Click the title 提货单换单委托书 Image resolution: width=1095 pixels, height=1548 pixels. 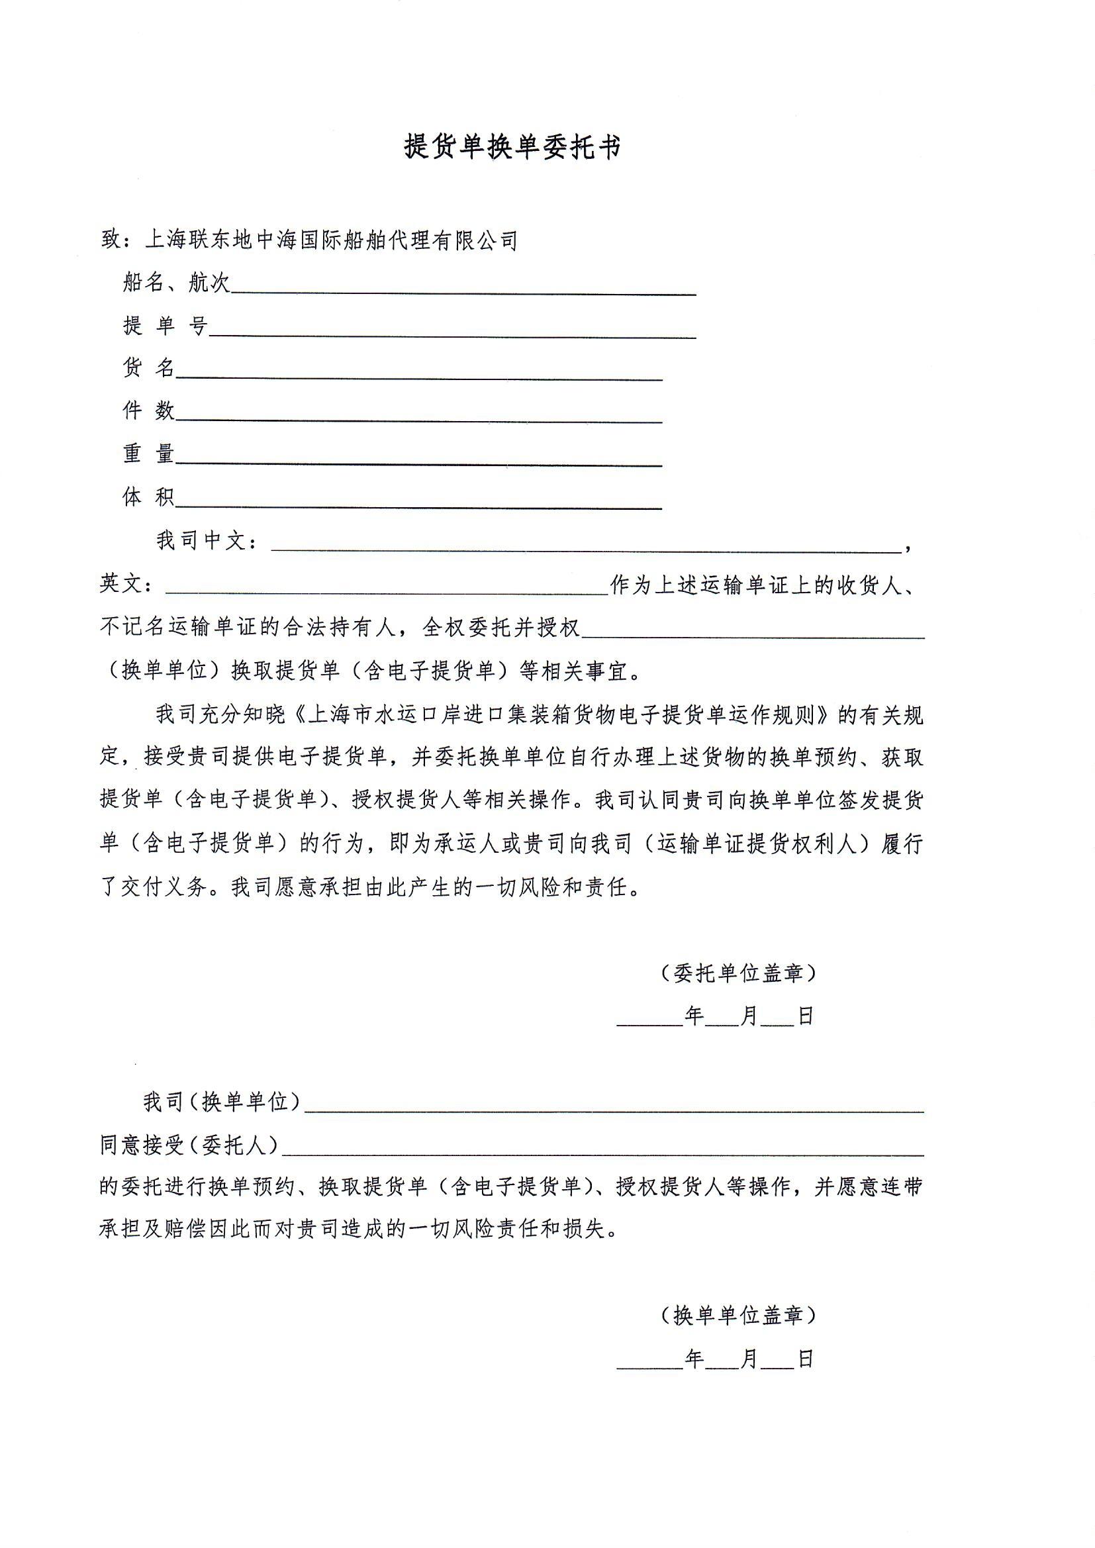tap(512, 146)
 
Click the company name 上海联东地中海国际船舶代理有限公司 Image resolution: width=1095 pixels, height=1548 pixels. tap(332, 240)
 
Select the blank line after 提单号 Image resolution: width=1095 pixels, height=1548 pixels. tap(452, 331)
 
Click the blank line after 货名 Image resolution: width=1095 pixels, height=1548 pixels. tap(418, 373)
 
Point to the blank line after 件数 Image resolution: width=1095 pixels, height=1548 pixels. tap(418, 416)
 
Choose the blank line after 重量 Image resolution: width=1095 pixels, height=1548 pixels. tap(418, 459)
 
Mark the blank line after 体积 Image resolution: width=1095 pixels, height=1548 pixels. tap(418, 502)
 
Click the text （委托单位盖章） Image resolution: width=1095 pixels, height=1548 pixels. tap(739, 973)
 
